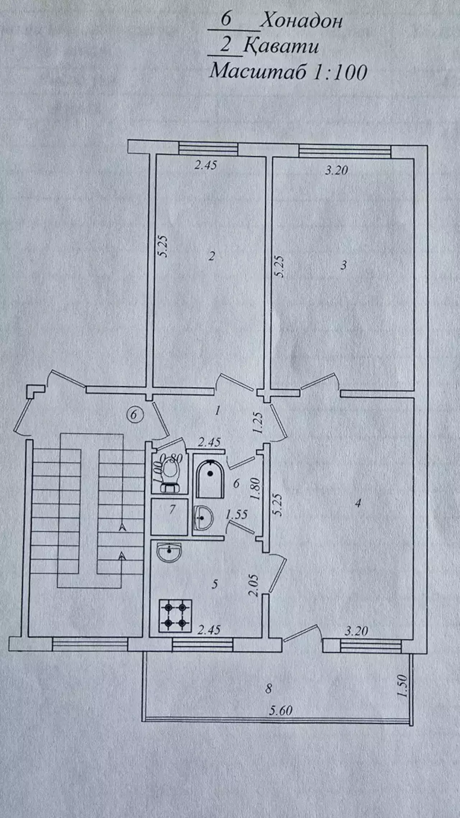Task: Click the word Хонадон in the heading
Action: (x=301, y=22)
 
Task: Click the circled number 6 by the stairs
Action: (x=134, y=415)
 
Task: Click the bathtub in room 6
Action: (x=210, y=480)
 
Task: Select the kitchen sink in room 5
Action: (x=169, y=552)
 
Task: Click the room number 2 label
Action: (x=212, y=256)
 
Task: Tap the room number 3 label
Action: (x=344, y=265)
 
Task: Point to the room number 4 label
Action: (x=358, y=503)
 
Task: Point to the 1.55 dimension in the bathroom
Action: (x=236, y=515)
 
